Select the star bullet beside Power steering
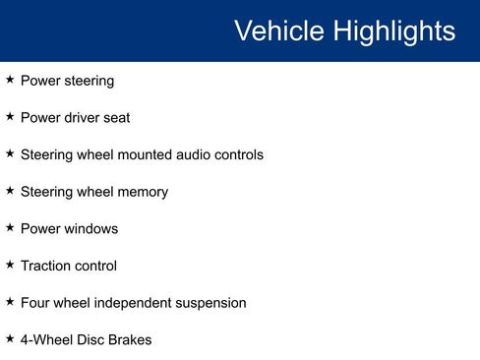[x=10, y=80]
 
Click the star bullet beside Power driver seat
[x=10, y=116]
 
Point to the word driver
[x=86, y=117]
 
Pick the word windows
[x=90, y=228]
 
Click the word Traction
[x=45, y=266]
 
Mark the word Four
[x=36, y=303]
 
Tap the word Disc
[x=93, y=340]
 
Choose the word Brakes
[x=132, y=340]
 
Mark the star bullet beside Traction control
[x=10, y=265]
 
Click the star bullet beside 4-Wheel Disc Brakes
[x=10, y=339]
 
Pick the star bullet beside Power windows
[x=10, y=227]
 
